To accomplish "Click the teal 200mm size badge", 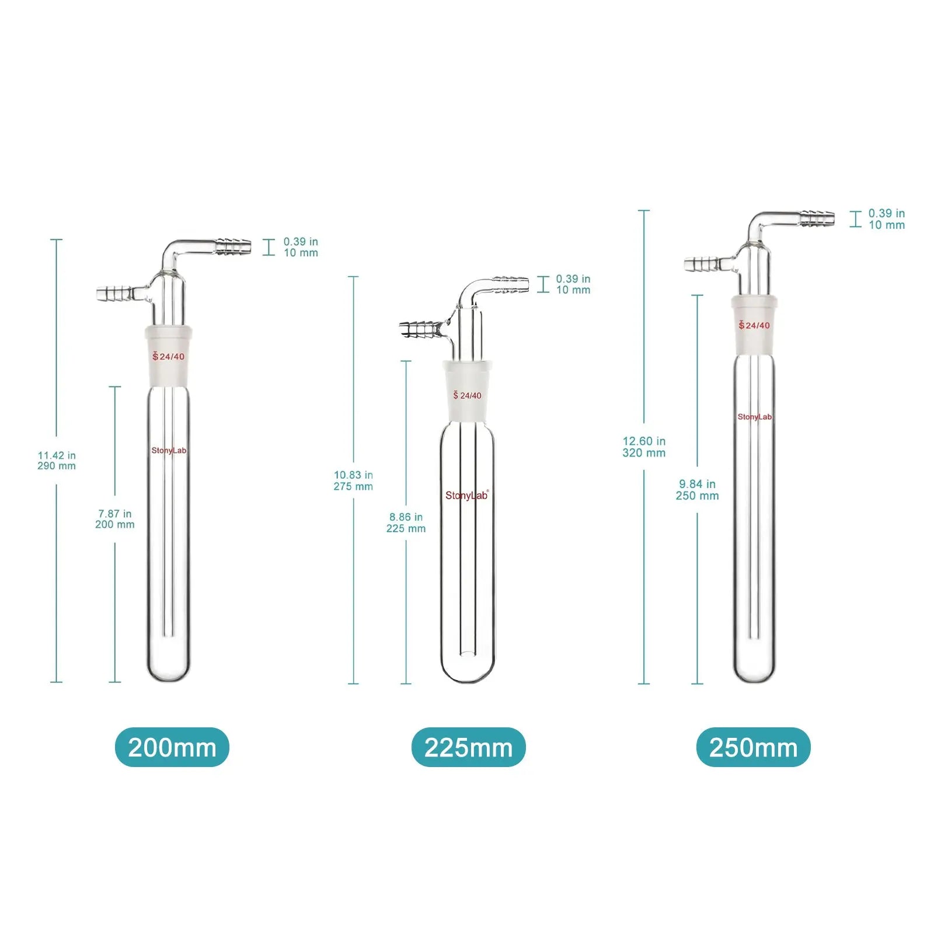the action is tap(172, 747).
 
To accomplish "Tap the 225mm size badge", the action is tap(468, 747).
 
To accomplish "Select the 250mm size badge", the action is tap(753, 747).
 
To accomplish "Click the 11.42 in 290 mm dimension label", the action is tap(57, 461).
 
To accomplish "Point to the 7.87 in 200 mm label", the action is tap(115, 519).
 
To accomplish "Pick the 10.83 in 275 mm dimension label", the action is tap(353, 480).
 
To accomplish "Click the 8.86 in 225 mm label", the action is tap(406, 522).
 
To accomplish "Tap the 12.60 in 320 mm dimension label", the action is tap(644, 447).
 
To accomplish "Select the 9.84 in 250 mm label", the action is tap(697, 490).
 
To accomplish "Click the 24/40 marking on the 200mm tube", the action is tap(169, 356).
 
